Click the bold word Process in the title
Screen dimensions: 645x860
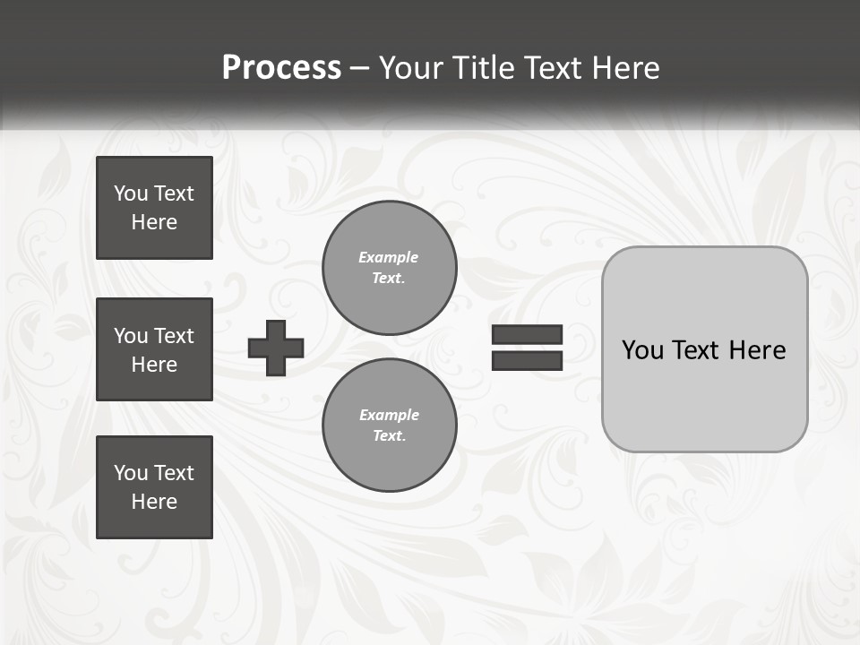coord(281,68)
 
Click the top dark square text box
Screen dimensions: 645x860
coord(154,208)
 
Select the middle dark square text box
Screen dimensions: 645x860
coord(154,349)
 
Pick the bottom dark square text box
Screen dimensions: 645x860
coord(154,487)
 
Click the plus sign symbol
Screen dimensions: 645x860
coord(276,348)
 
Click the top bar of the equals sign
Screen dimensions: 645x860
coord(527,335)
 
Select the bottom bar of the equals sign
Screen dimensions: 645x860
coord(527,360)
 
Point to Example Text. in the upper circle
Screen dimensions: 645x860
coord(389,268)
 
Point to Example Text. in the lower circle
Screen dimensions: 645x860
coord(389,426)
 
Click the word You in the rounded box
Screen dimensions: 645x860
coord(643,350)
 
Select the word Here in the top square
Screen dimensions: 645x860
coord(154,222)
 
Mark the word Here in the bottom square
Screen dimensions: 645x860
coord(154,502)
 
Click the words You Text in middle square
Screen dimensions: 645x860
coord(154,336)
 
